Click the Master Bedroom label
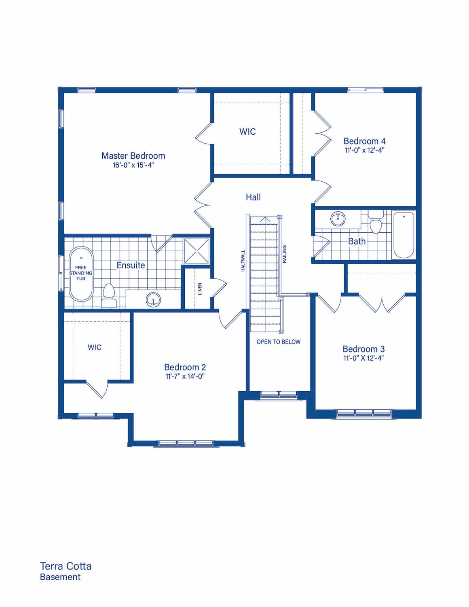pyautogui.click(x=133, y=155)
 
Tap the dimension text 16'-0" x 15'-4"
pyautogui.click(x=133, y=165)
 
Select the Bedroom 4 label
pyautogui.click(x=364, y=141)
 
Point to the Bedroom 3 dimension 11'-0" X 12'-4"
pyautogui.click(x=363, y=358)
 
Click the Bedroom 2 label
pyautogui.click(x=185, y=367)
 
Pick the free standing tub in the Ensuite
pyautogui.click(x=81, y=274)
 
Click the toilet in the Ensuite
pyautogui.click(x=109, y=296)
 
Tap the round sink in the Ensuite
pyautogui.click(x=153, y=299)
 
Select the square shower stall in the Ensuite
pyautogui.click(x=196, y=250)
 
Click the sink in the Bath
pyautogui.click(x=338, y=219)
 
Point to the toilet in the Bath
pyautogui.click(x=376, y=222)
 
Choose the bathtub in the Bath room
pyautogui.click(x=404, y=235)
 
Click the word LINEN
pyautogui.click(x=200, y=289)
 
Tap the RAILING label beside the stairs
pyautogui.click(x=285, y=254)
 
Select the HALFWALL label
pyautogui.click(x=243, y=261)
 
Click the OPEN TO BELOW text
pyautogui.click(x=279, y=342)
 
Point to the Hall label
pyautogui.click(x=253, y=197)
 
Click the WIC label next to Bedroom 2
pyautogui.click(x=94, y=347)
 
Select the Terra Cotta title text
pyautogui.click(x=65, y=566)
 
